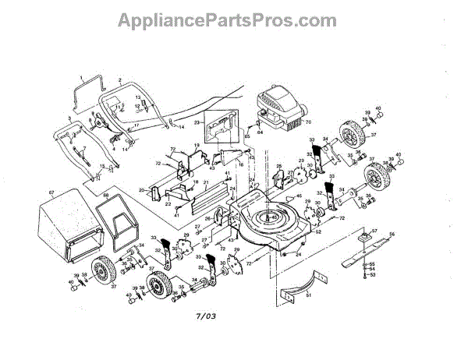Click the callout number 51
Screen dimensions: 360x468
309,295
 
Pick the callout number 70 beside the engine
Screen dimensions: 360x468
307,122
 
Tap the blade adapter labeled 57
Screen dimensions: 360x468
366,234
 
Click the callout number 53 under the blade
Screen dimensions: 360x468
373,275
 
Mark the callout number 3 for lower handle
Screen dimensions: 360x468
69,117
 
